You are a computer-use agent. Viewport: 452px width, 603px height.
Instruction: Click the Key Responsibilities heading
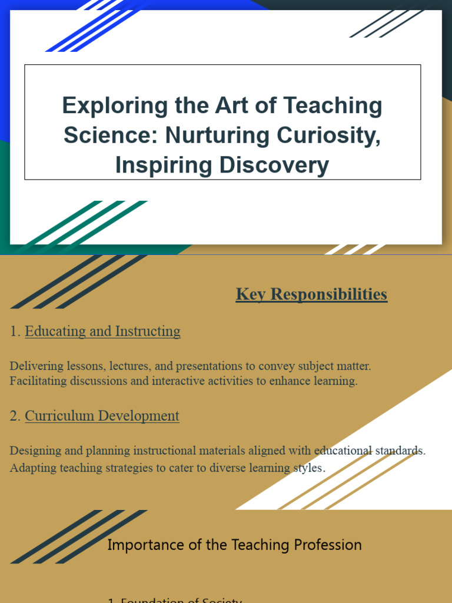coord(311,294)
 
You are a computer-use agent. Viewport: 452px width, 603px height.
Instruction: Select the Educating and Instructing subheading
coord(102,332)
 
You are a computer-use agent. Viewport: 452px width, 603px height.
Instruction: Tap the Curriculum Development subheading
coord(102,416)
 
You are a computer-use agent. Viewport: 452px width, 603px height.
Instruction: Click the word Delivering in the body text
coord(32,366)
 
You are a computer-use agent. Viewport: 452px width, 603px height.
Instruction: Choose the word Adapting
coord(30,468)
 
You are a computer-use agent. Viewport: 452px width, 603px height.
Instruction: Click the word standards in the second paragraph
coord(400,450)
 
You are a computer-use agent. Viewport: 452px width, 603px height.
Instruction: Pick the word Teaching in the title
coord(333,107)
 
